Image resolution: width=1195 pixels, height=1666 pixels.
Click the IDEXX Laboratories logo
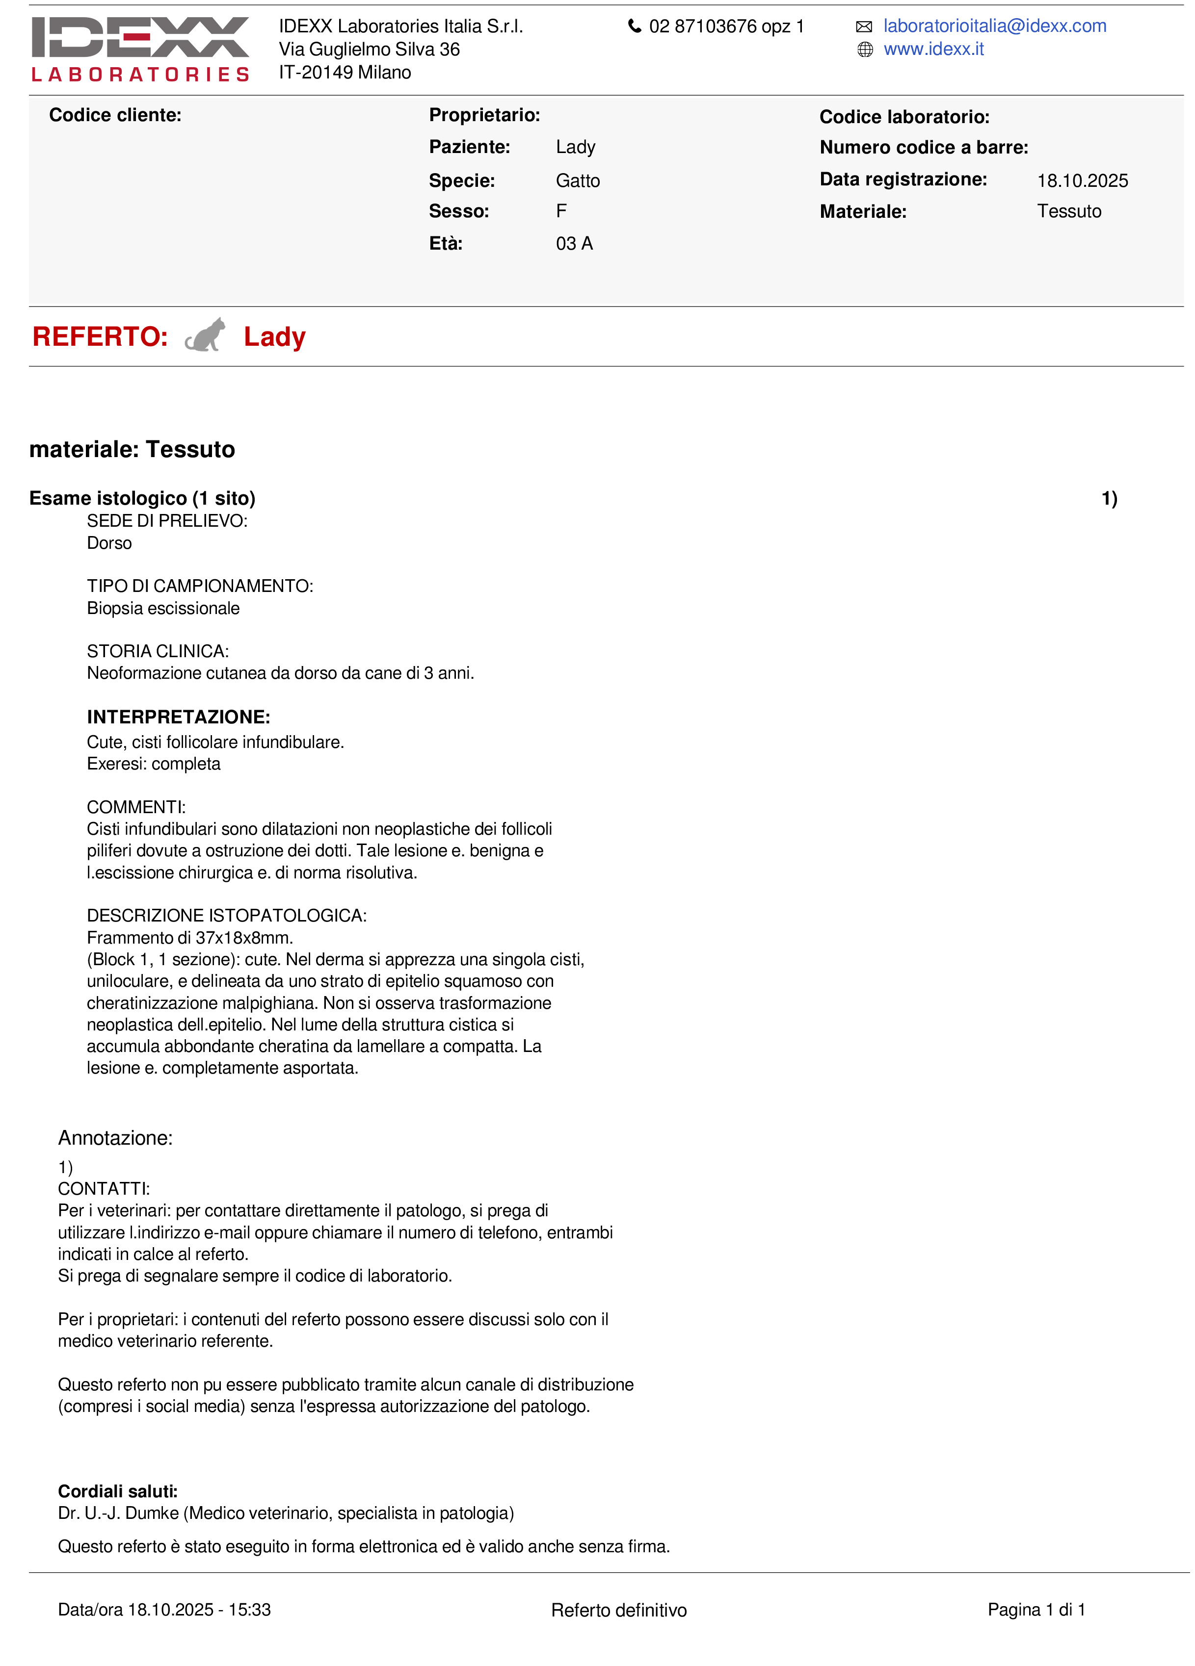(x=140, y=49)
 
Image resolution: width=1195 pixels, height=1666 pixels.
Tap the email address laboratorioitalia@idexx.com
(x=994, y=26)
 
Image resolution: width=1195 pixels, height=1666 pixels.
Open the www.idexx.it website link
(x=933, y=49)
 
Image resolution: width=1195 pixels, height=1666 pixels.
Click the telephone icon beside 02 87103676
(x=634, y=26)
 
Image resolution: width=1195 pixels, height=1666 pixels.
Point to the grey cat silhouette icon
(x=205, y=335)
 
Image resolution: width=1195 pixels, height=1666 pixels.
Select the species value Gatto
(x=578, y=180)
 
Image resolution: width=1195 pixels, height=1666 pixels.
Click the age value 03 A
(x=574, y=244)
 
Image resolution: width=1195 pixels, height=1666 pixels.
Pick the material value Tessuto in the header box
(x=1068, y=211)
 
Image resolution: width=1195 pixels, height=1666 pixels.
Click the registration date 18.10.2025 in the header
(x=1082, y=180)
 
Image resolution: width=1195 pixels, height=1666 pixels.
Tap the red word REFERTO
(x=100, y=336)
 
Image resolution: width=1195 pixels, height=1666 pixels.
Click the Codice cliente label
(x=115, y=115)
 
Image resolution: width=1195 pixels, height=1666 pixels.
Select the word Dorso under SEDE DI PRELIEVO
(x=109, y=543)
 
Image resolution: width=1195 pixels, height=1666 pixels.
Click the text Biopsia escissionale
(x=163, y=608)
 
